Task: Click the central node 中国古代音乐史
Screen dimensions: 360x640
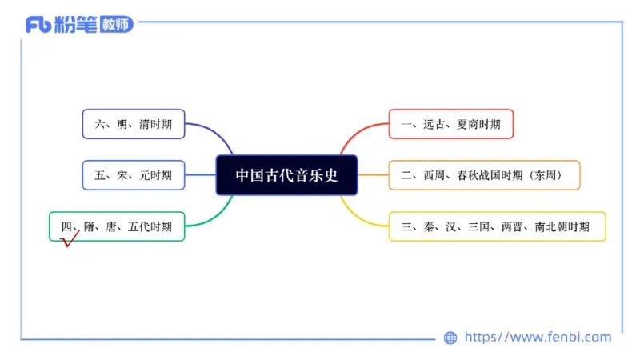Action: pyautogui.click(x=286, y=175)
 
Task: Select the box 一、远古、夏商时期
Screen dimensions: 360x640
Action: pyautogui.click(x=450, y=124)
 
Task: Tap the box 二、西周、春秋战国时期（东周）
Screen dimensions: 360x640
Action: pyautogui.click(x=484, y=175)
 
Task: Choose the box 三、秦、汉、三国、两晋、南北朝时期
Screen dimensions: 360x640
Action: pyautogui.click(x=496, y=226)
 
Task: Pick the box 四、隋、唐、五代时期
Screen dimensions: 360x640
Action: pyautogui.click(x=117, y=226)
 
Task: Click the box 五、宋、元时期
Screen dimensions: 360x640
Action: pyautogui.click(x=133, y=175)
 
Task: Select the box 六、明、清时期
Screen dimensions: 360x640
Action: pyautogui.click(x=133, y=124)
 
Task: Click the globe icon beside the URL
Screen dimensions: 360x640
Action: pyautogui.click(x=450, y=338)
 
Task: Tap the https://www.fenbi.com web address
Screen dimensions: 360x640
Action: pyautogui.click(x=538, y=337)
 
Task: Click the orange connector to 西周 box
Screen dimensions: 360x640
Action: pyautogui.click(x=373, y=175)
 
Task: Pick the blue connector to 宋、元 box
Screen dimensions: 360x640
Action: pyautogui.click(x=200, y=175)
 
